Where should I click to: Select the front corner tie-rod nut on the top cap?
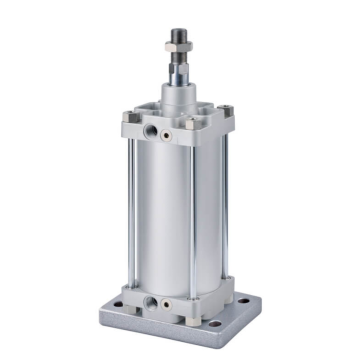pos(190,126)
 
